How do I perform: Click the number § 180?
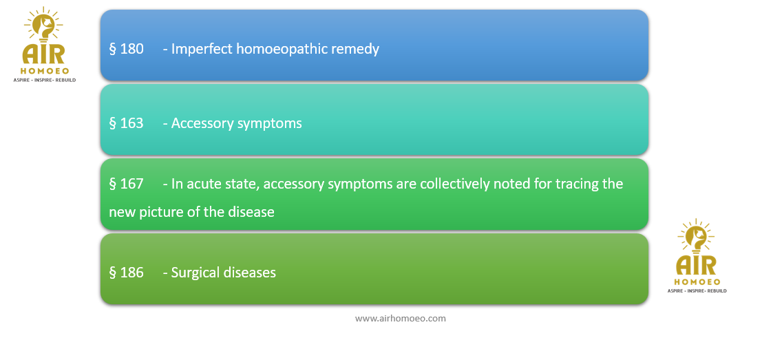tap(126, 50)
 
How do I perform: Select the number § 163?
tap(126, 123)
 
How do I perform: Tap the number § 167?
tap(126, 184)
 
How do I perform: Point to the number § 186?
tap(126, 272)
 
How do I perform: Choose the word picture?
tap(156, 212)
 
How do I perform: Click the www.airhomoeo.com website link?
tap(401, 319)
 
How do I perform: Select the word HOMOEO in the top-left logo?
tap(44, 71)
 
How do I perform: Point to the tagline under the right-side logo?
tap(697, 291)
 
